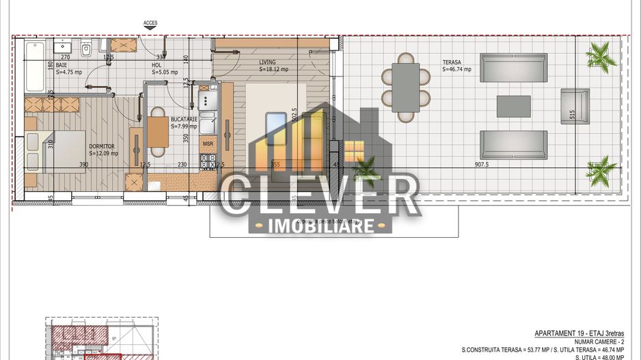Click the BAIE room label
point(62,64)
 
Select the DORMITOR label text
point(101,146)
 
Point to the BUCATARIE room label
point(183,119)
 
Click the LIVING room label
point(267,62)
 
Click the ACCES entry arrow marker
point(150,28)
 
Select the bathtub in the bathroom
point(34,68)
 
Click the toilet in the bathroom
point(86,50)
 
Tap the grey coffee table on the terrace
point(513,105)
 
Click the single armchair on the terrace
point(574,105)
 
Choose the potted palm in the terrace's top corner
point(599,51)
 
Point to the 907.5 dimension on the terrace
point(486,165)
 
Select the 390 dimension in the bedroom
point(83,165)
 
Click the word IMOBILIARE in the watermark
point(320,225)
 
